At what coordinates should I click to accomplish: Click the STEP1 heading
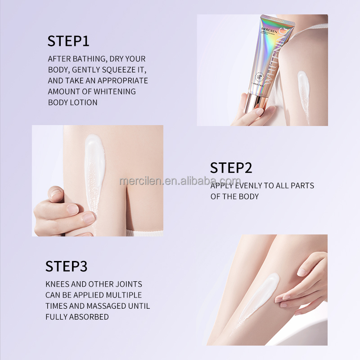[x=68, y=40]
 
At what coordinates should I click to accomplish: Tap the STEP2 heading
[x=231, y=167]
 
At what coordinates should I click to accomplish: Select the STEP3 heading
[x=66, y=266]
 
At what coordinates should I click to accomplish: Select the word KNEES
[x=58, y=284]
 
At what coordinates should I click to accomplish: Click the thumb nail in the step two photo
[x=56, y=194]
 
